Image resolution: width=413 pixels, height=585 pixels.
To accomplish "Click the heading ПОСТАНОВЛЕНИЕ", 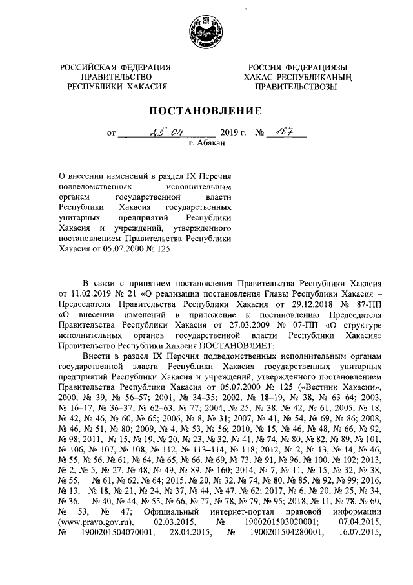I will (206, 111).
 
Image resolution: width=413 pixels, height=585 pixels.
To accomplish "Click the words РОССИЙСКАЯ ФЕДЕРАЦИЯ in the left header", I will (116, 68).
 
